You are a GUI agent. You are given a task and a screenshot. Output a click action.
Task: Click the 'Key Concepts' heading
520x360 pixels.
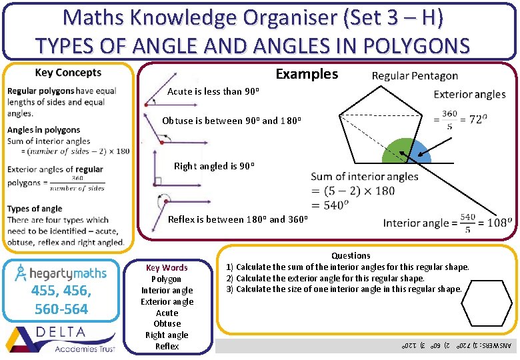(x=68, y=73)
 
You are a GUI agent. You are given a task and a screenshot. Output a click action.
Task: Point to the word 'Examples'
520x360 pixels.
(x=307, y=74)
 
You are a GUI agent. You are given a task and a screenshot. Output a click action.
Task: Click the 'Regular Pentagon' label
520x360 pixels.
(x=415, y=76)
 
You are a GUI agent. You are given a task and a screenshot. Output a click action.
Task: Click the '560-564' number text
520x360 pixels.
(x=61, y=309)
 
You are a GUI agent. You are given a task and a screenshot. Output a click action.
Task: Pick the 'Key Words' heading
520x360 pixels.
(x=167, y=268)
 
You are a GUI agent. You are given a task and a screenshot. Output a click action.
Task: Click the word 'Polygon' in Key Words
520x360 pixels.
(x=167, y=279)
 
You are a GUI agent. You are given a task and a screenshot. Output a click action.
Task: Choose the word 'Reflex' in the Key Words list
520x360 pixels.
(x=167, y=346)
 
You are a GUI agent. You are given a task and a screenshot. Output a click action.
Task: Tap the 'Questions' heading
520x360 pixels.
(x=351, y=255)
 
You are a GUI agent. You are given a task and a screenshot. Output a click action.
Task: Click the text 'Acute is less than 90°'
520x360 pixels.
(x=213, y=91)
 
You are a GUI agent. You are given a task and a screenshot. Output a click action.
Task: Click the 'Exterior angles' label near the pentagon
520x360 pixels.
(x=469, y=94)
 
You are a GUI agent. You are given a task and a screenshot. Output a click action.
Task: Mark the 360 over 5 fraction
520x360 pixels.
(x=450, y=119)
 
